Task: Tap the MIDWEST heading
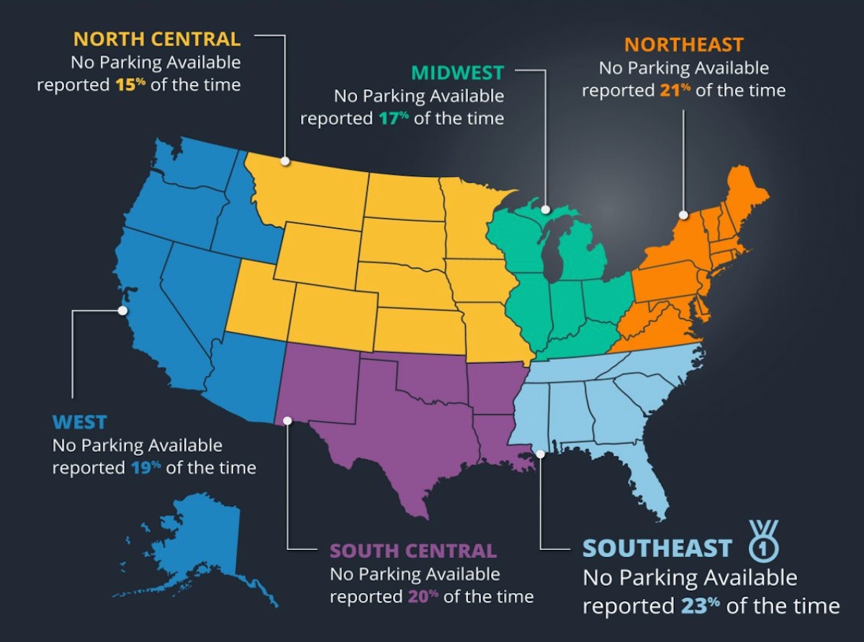pos(456,72)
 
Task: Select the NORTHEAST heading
pos(683,45)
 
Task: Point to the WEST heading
pos(79,422)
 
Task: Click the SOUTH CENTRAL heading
pos(413,551)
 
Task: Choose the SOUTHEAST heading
pos(657,548)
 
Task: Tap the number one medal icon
pos(763,543)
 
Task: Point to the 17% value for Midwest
pos(393,118)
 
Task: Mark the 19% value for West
pos(145,467)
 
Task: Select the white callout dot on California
pos(122,311)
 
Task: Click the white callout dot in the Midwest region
pos(546,210)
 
